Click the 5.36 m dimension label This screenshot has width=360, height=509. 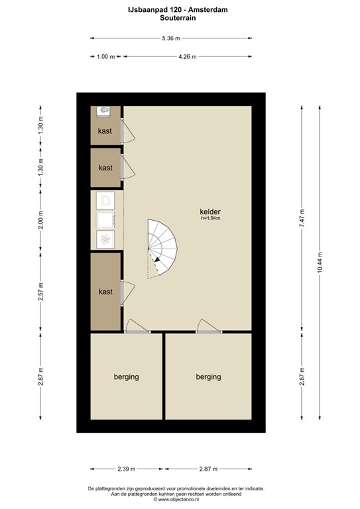pos(171,38)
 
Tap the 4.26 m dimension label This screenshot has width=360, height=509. pos(188,56)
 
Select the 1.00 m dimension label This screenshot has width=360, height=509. pos(106,56)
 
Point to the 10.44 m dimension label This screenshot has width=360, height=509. pos(320,262)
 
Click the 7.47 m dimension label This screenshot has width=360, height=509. pos(302,219)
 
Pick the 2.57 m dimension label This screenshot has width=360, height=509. pos(40,291)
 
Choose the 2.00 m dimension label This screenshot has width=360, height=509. pos(40,220)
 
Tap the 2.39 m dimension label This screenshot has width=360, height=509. pos(126,469)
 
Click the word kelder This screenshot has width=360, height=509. pos(210,211)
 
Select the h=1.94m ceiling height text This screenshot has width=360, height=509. pos(211,218)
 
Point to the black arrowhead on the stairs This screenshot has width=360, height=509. pos(157,259)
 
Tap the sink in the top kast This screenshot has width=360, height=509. pos(104,111)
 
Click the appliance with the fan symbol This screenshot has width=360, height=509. pos(105,239)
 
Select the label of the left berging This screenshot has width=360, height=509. pos(126,377)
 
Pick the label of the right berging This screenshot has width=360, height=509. pos(208,377)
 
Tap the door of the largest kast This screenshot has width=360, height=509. pos(127,293)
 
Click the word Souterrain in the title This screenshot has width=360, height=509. pos(178,18)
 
